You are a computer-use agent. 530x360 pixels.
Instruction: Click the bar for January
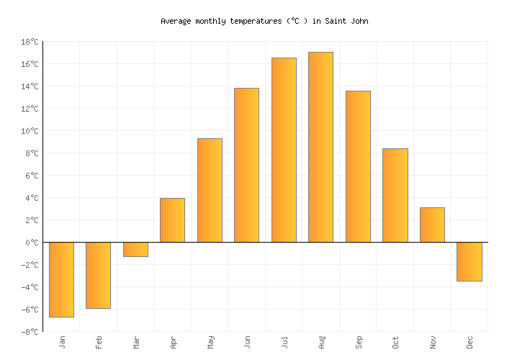point(61,279)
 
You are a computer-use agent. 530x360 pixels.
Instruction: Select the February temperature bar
point(98,275)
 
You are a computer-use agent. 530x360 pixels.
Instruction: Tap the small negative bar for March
point(135,249)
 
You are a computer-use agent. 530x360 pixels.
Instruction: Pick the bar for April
point(172,220)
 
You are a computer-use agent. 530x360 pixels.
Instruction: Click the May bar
point(210,190)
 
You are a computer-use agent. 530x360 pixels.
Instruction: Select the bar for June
point(246,165)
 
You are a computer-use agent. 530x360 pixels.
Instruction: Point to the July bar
point(284,150)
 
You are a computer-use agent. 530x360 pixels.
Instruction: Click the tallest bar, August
point(320,147)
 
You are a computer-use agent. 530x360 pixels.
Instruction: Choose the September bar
point(358,166)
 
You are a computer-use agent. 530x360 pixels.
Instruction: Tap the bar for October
point(395,195)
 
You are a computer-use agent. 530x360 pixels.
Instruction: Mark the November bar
point(432,225)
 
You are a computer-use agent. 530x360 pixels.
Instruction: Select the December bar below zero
point(469,261)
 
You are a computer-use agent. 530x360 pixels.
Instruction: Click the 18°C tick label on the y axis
point(30,42)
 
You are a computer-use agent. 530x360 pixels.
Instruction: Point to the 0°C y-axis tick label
point(32,243)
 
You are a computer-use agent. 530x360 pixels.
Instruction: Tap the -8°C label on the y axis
point(30,332)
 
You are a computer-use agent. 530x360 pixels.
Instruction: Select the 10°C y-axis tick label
point(30,132)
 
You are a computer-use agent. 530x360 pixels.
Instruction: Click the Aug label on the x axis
point(321,342)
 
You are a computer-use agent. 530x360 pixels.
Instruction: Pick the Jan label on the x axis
point(62,342)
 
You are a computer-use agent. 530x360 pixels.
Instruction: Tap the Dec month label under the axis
point(470,342)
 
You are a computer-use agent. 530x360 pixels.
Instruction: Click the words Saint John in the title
point(346,22)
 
